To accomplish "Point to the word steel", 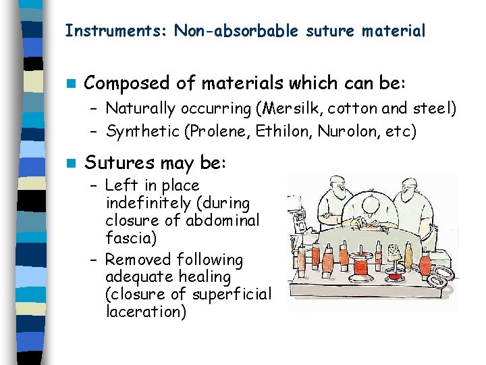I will tap(429, 108).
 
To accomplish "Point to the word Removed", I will tap(139, 260).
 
